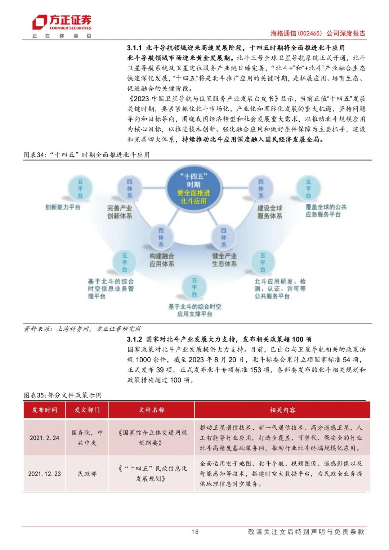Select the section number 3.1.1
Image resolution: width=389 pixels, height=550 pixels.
[x=134, y=48]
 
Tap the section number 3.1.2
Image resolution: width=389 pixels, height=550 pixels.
[x=134, y=339]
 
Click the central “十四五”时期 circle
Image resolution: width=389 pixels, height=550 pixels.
[x=193, y=188]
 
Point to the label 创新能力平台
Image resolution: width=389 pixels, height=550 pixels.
[x=63, y=207]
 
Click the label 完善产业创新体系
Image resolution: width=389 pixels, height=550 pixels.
[x=120, y=212]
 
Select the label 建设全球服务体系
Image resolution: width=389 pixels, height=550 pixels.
[x=269, y=212]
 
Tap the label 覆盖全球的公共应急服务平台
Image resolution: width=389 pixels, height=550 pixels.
[x=326, y=211]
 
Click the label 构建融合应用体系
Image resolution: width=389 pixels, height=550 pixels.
[x=162, y=260]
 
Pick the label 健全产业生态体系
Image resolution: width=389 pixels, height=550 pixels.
[x=224, y=260]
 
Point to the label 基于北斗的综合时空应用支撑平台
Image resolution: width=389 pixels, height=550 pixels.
[x=194, y=310]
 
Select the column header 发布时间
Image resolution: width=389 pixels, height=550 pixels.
[x=44, y=410]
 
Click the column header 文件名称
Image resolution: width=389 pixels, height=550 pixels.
[x=152, y=410]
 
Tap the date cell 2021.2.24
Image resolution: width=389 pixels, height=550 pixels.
[x=44, y=438]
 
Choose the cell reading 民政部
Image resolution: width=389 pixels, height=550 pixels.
[x=87, y=474]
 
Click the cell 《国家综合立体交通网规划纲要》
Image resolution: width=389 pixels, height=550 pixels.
[x=152, y=438]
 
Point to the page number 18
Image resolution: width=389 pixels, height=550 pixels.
[x=195, y=532]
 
